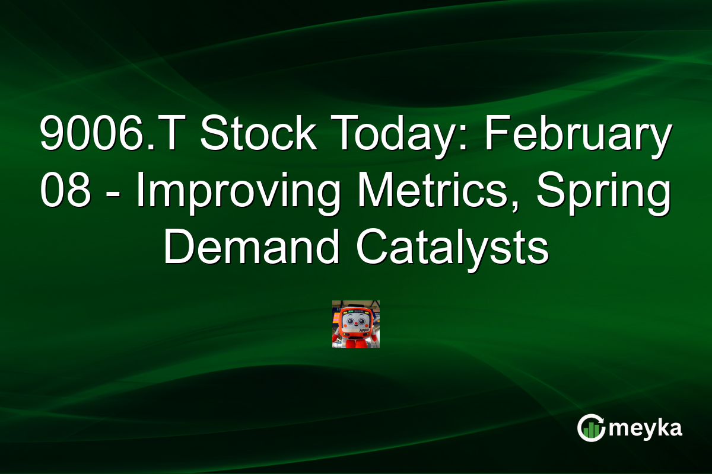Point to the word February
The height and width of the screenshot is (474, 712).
point(579,134)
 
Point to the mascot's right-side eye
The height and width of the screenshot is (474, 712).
point(361,322)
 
